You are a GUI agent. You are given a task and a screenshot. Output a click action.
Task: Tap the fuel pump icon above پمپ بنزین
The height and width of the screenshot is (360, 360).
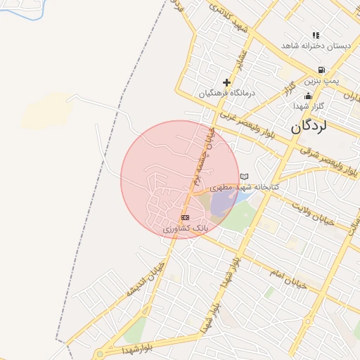(x=321, y=70)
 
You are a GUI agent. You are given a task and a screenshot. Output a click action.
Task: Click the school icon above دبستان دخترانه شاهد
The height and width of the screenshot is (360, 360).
(x=316, y=35)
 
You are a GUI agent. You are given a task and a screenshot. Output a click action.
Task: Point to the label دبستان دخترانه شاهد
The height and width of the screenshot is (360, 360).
(x=316, y=46)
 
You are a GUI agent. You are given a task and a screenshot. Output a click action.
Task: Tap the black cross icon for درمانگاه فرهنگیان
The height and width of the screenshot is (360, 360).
(x=226, y=82)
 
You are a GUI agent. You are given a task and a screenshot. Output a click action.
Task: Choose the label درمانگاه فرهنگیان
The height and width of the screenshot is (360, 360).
(x=226, y=93)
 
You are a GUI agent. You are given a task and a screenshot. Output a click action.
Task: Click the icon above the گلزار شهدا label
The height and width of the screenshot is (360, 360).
(x=307, y=96)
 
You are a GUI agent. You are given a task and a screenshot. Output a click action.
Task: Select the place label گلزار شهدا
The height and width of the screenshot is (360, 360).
(x=308, y=105)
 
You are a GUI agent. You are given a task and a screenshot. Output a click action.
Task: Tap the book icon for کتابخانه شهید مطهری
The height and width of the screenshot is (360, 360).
(x=244, y=176)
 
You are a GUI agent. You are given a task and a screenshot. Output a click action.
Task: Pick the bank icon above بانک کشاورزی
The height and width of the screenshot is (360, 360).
(x=185, y=218)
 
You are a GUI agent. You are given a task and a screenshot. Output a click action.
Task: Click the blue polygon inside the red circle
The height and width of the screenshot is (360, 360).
(x=223, y=202)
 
